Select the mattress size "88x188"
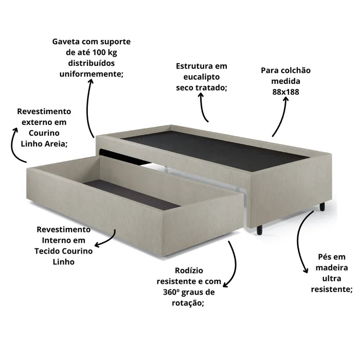(285, 92)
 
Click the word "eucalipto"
(201, 77)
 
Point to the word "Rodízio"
(189, 271)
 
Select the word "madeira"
(332, 267)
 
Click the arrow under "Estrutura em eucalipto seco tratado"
(203, 110)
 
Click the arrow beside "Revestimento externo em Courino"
(17, 145)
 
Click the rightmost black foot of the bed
(322, 207)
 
